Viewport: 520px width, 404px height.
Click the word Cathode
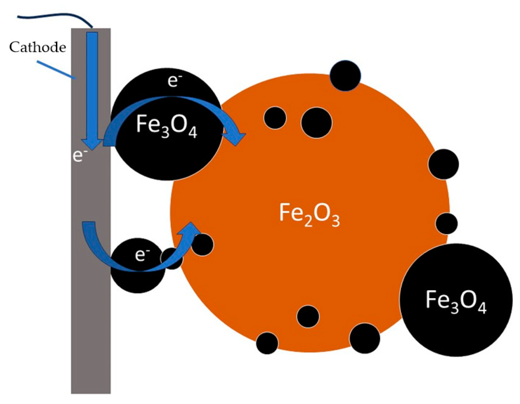point(38,47)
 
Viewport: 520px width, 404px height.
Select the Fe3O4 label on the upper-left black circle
point(167,126)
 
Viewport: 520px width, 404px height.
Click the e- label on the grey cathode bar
point(78,156)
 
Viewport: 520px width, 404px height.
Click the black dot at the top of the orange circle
point(345,76)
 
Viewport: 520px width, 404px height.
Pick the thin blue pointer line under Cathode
point(56,69)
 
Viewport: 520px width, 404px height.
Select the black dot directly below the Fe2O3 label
point(308,316)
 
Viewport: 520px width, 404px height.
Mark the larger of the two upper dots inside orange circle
point(316,123)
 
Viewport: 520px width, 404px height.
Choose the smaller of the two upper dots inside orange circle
point(275,118)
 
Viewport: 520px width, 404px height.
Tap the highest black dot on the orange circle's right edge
point(443,164)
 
